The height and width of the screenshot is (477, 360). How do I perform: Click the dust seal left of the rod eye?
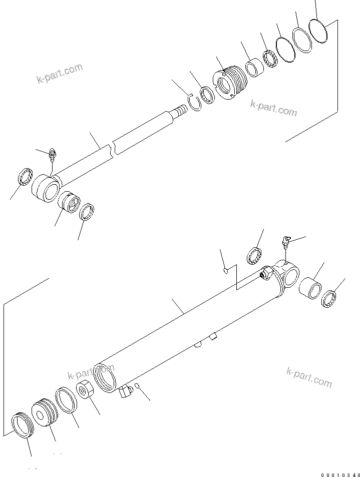click(x=24, y=177)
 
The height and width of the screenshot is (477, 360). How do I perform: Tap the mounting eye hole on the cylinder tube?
click(x=289, y=274)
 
